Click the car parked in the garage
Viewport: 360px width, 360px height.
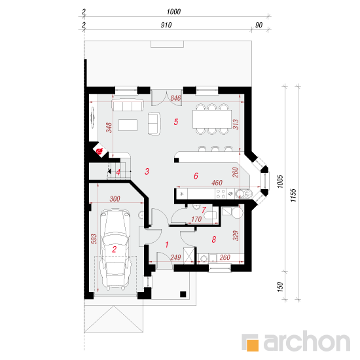116,249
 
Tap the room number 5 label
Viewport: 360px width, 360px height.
175,122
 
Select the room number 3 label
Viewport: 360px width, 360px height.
147,171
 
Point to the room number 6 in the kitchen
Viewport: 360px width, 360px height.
195,175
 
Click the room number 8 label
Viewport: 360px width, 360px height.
213,240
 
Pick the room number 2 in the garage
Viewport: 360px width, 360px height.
114,249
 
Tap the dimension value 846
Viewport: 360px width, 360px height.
175,98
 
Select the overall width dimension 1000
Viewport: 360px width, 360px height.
173,12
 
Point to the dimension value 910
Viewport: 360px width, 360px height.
165,25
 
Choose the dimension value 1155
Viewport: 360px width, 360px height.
294,190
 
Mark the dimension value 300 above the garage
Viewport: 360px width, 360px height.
115,198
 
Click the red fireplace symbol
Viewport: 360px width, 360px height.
99,152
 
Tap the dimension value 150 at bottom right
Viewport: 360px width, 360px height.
279,287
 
